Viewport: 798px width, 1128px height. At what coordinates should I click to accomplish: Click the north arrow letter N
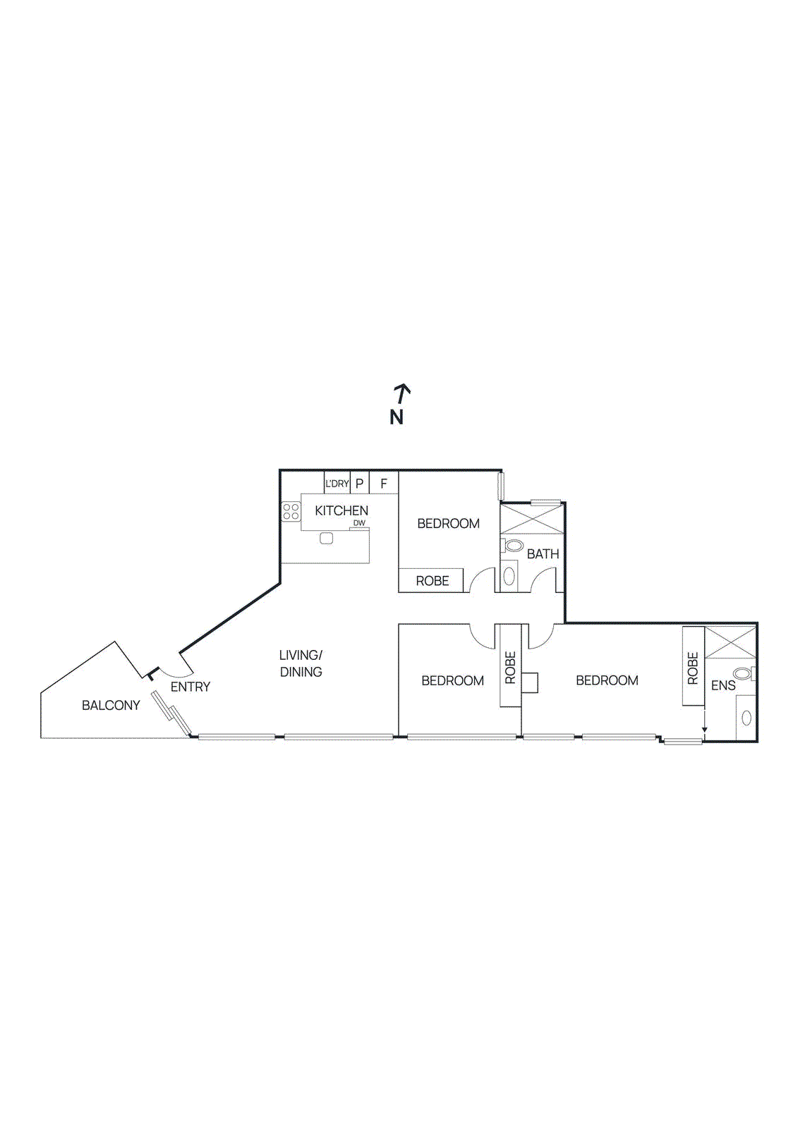pos(397,417)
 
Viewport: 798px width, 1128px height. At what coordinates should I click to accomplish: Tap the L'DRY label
pos(337,484)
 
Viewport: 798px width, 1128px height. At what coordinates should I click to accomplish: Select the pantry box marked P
pos(359,484)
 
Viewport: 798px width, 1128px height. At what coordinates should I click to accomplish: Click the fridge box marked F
pos(384,484)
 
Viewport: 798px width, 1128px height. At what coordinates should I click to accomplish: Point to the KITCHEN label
pos(341,510)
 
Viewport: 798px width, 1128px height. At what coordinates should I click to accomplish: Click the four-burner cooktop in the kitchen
pos(291,512)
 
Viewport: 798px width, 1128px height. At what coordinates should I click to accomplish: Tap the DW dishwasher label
pos(360,523)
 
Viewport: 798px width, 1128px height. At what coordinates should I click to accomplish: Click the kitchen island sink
pos(326,538)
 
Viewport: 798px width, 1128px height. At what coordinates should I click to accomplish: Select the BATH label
pos(543,554)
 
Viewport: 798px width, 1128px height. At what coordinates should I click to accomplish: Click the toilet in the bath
pos(514,546)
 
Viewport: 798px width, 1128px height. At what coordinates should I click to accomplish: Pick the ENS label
pos(723,685)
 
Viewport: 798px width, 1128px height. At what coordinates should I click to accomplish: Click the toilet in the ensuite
pos(742,673)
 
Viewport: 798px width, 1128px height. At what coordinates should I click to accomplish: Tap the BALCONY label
pos(111,705)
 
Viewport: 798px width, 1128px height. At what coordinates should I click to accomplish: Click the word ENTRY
pos(191,687)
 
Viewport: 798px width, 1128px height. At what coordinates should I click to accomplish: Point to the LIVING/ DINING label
pos(301,663)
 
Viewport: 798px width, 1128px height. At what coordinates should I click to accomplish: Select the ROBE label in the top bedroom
pos(432,581)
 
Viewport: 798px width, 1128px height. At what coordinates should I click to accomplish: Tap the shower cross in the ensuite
pos(730,642)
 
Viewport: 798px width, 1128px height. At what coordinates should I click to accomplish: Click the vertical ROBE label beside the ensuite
pos(693,668)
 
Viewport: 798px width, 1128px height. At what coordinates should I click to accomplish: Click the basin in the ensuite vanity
pos(746,718)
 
